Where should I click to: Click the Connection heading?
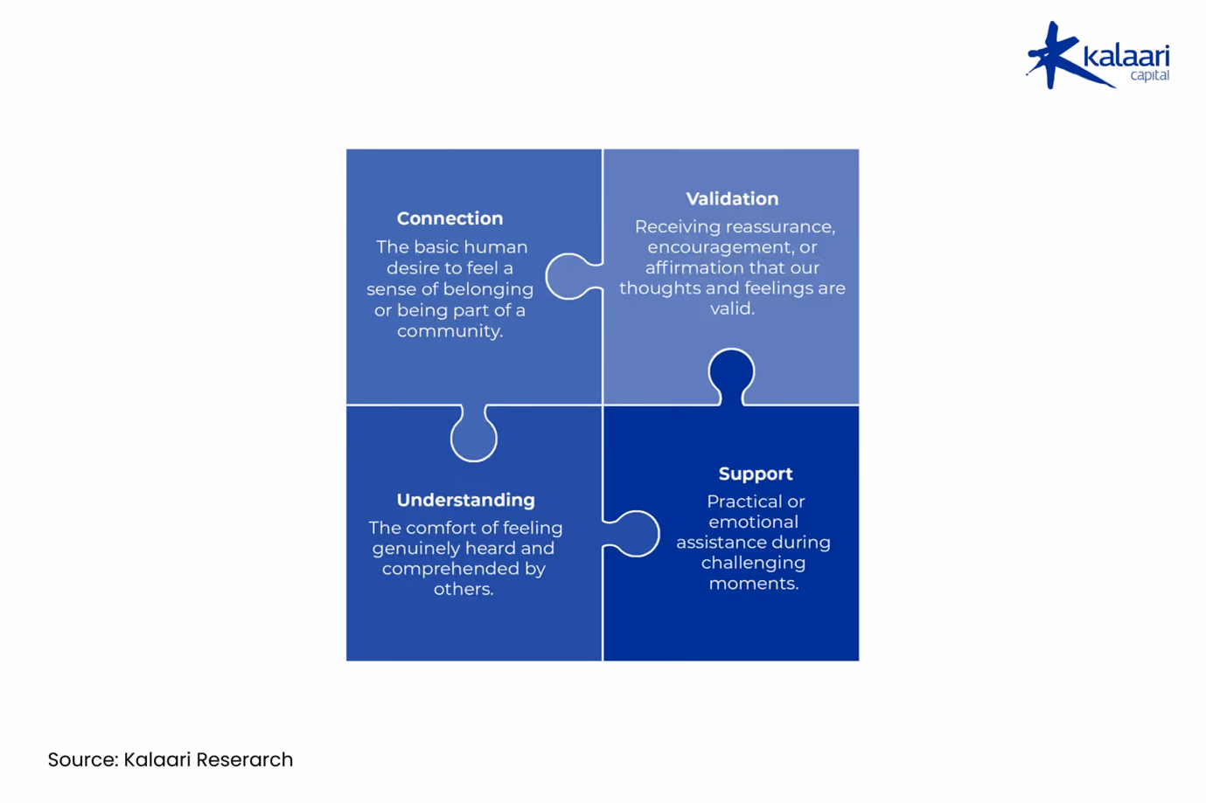coord(450,218)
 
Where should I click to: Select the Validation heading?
coord(732,199)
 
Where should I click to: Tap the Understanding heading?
coord(466,500)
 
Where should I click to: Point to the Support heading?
coord(756,474)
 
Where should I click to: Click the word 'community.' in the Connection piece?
coord(450,331)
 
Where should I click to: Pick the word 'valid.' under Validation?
coord(732,308)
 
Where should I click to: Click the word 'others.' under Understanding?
coord(464,589)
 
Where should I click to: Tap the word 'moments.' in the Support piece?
coord(754,584)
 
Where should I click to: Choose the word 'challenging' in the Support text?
coord(753,564)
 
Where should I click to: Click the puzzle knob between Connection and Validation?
coord(572,276)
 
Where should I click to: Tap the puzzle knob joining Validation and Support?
coord(731,376)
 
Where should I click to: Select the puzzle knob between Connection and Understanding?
coord(474,433)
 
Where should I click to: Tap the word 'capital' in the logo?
coord(1149,76)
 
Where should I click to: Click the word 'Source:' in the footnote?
coord(83,760)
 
